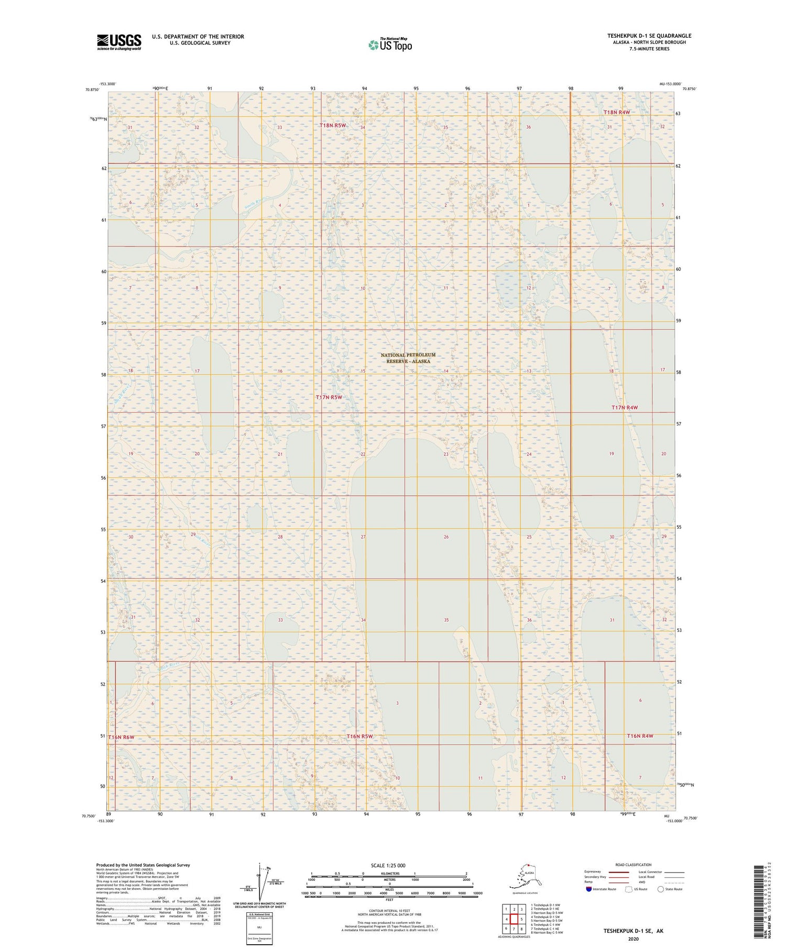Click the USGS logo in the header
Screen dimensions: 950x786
(x=119, y=42)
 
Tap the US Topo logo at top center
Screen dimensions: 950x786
(x=390, y=45)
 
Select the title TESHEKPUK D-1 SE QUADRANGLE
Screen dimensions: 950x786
(x=649, y=36)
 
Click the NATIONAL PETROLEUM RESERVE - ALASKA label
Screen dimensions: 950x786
(x=408, y=358)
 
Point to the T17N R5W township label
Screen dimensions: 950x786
(x=329, y=397)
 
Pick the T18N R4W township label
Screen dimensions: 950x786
(x=616, y=113)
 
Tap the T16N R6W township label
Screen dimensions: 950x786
(x=121, y=737)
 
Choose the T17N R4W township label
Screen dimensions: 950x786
(x=625, y=408)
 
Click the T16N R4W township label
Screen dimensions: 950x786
(x=640, y=736)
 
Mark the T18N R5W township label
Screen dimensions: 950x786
(x=333, y=126)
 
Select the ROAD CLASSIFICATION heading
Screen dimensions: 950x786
(x=634, y=865)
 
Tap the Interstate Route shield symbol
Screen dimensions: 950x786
(x=589, y=889)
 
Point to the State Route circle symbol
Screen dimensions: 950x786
(x=661, y=889)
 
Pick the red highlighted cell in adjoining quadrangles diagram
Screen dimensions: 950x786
(x=514, y=919)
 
